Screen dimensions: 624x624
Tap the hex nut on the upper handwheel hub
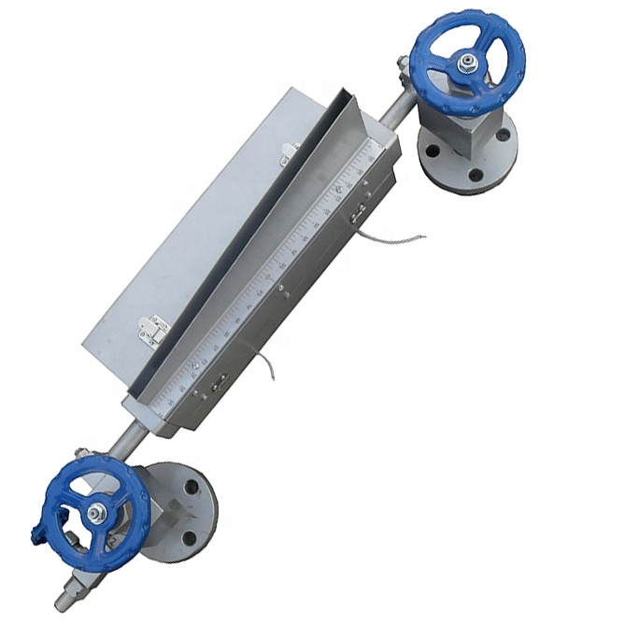tap(465, 64)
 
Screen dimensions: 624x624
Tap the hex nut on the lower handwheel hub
tap(97, 512)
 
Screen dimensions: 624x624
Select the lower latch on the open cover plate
tap(149, 329)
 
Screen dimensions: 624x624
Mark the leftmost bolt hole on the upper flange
tap(427, 149)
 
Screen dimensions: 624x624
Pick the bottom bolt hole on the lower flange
tap(191, 537)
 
